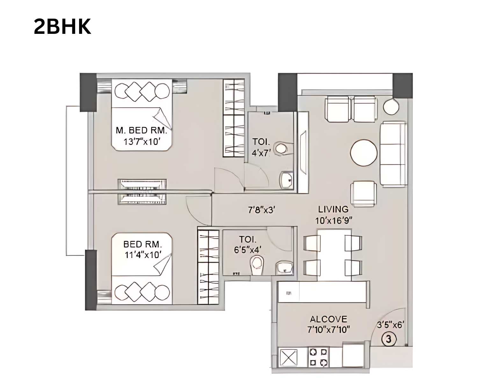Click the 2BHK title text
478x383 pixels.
[x=62, y=27]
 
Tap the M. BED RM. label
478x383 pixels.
[x=141, y=130]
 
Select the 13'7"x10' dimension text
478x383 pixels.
[x=141, y=141]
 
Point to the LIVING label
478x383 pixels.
[x=333, y=209]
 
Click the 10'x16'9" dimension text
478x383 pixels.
[x=333, y=220]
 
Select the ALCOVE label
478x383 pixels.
[x=328, y=319]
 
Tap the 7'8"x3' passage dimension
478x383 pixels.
[x=261, y=210]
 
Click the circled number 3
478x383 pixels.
[x=388, y=339]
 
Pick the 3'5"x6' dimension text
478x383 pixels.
[x=390, y=325]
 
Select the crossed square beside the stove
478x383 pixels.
[x=288, y=357]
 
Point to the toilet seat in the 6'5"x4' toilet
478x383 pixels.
[x=257, y=265]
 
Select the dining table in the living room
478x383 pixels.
[x=333, y=254]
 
